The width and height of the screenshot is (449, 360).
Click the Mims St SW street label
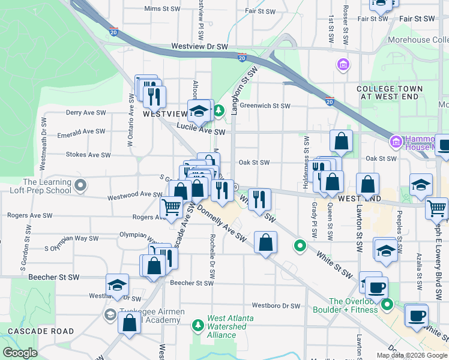pyautogui.click(x=162, y=9)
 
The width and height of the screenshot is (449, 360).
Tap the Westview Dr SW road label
pyautogui.click(x=199, y=46)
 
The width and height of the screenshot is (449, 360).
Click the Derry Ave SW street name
pyautogui.click(x=86, y=112)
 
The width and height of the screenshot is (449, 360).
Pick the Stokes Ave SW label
pyautogui.click(x=88, y=154)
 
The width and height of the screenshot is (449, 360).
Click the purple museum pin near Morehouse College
pyautogui.click(x=343, y=64)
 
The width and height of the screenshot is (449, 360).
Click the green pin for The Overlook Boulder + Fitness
pyautogui.click(x=387, y=304)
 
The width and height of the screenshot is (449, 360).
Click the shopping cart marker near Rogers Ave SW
pyautogui.click(x=172, y=207)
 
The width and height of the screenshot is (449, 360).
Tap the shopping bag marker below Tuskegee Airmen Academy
pyautogui.click(x=130, y=323)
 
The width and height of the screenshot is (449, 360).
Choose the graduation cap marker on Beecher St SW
pyautogui.click(x=118, y=286)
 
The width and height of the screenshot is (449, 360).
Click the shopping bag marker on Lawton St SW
pyautogui.click(x=367, y=184)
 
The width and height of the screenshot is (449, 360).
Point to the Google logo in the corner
pyautogui.click(x=20, y=352)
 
